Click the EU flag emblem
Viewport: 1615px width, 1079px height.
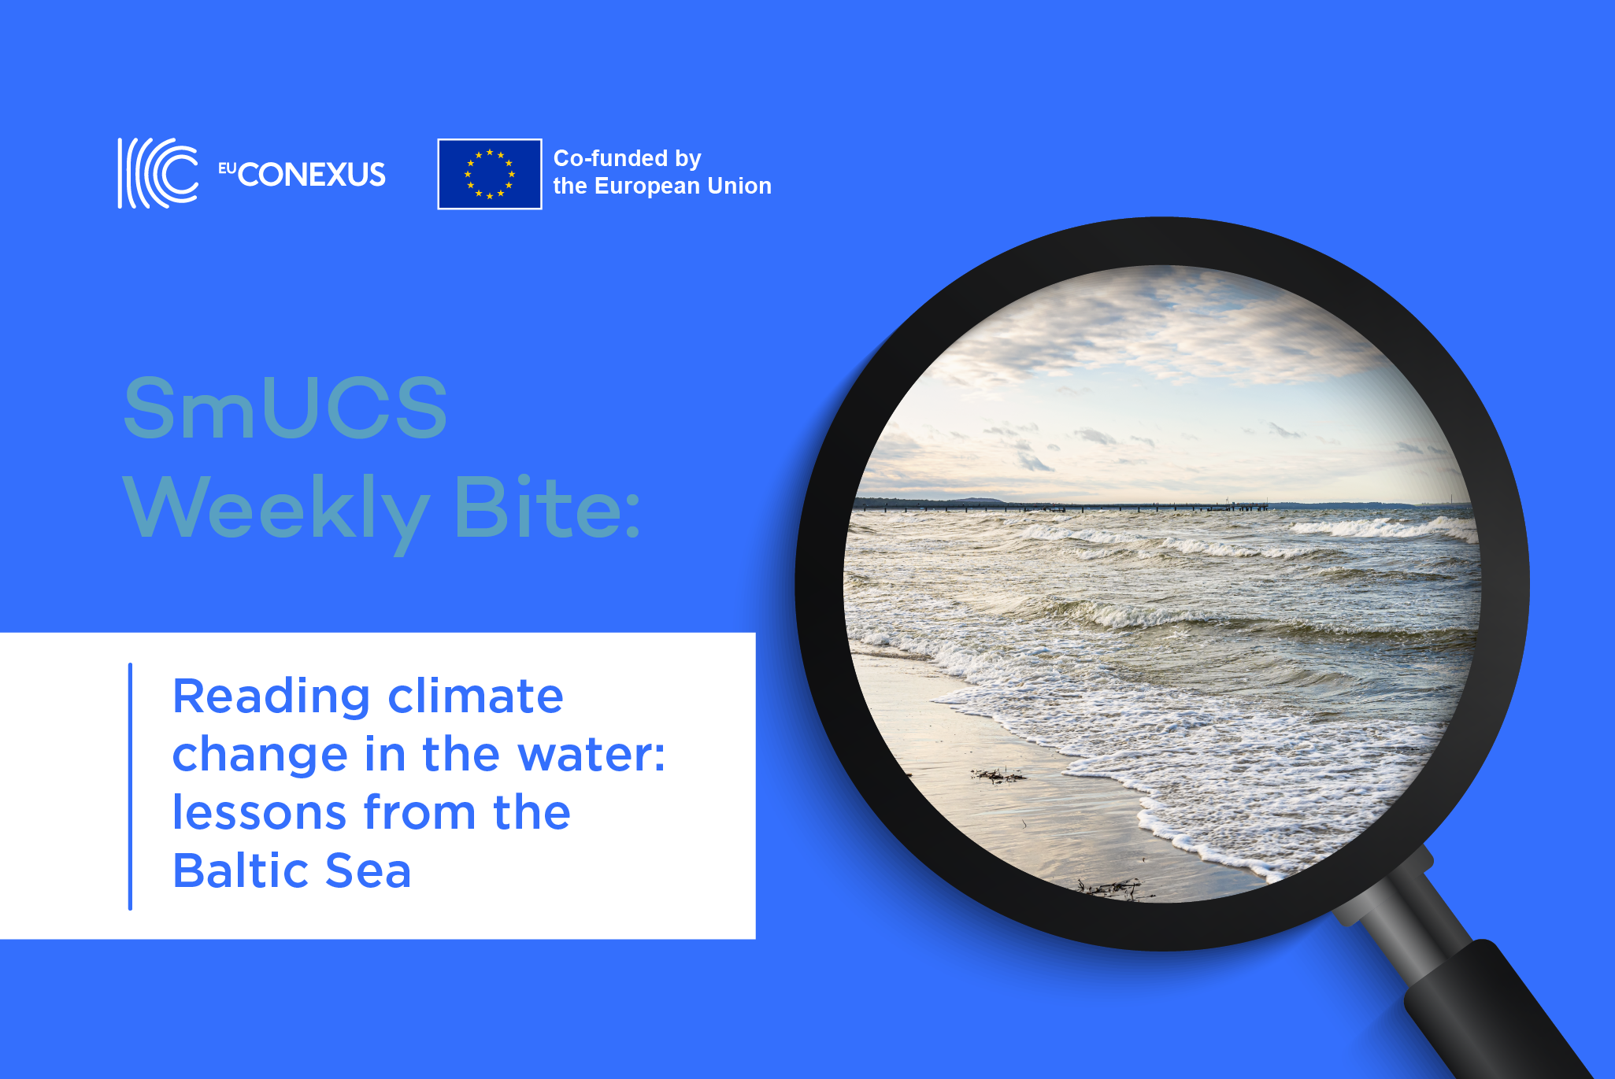click(489, 174)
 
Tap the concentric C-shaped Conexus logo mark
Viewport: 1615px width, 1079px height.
click(158, 173)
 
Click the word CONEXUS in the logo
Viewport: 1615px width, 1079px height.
click(312, 175)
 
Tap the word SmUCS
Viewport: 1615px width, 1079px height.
click(286, 408)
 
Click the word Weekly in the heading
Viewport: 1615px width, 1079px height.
click(276, 510)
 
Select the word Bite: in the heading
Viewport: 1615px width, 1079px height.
click(547, 508)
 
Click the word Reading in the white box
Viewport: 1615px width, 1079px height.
click(271, 697)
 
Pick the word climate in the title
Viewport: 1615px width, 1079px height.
click(476, 697)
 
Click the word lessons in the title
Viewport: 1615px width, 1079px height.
click(259, 812)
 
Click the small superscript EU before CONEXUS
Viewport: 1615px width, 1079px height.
click(227, 168)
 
